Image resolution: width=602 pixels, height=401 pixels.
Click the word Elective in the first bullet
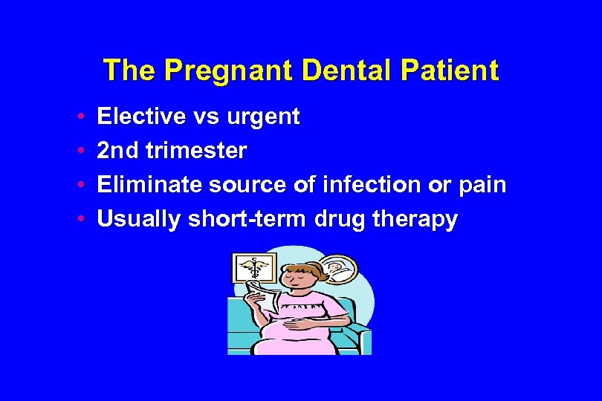135,117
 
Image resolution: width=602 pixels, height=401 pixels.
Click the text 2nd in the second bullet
118,151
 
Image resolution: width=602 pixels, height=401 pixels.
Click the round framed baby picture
338,269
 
